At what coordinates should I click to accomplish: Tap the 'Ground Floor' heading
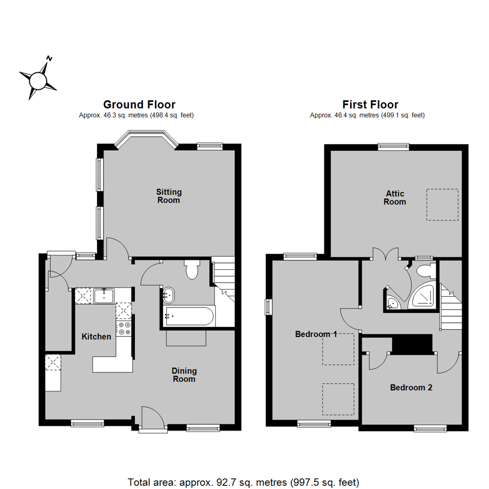click(139, 105)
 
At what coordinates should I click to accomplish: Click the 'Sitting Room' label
click(168, 196)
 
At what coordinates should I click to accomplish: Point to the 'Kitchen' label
click(96, 337)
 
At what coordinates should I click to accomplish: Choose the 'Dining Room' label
click(184, 375)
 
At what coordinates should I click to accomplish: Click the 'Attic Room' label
click(394, 198)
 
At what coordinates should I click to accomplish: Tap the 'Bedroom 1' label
click(316, 335)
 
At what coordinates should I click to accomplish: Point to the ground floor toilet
click(191, 270)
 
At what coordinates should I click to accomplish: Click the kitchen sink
click(105, 296)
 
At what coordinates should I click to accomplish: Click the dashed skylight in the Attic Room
click(442, 205)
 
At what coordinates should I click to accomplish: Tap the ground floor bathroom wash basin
click(168, 295)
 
